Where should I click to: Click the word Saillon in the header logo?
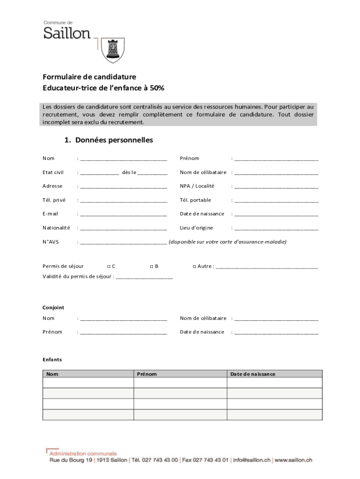point(67,33)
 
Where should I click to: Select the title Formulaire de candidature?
point(89,77)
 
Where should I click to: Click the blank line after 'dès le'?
point(152,173)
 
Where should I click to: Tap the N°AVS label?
point(51,242)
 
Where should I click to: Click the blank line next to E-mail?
point(123,214)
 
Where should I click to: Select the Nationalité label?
point(56,228)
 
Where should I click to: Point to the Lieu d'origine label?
point(196,228)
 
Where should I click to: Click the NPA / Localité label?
point(197,186)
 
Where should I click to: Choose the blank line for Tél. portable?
point(276,200)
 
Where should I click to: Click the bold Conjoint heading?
point(53,308)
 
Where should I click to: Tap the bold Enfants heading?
point(52,360)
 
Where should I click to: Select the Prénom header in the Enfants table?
point(147,374)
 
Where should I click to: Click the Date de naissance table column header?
point(252,374)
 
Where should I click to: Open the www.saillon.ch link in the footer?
point(293,460)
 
